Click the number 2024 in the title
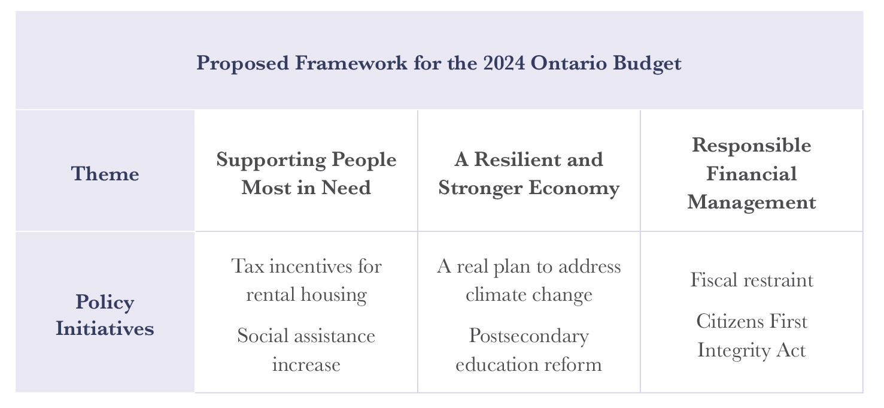(504, 63)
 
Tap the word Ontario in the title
(569, 63)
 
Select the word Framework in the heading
(351, 63)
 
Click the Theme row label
(105, 174)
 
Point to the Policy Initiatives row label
(105, 315)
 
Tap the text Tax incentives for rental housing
(306, 280)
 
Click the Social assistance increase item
(306, 350)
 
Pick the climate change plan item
(529, 280)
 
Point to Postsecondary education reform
(529, 350)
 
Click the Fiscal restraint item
(751, 280)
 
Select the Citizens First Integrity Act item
(751, 336)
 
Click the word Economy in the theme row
(574, 188)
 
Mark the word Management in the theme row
(751, 203)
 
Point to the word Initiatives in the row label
(105, 328)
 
